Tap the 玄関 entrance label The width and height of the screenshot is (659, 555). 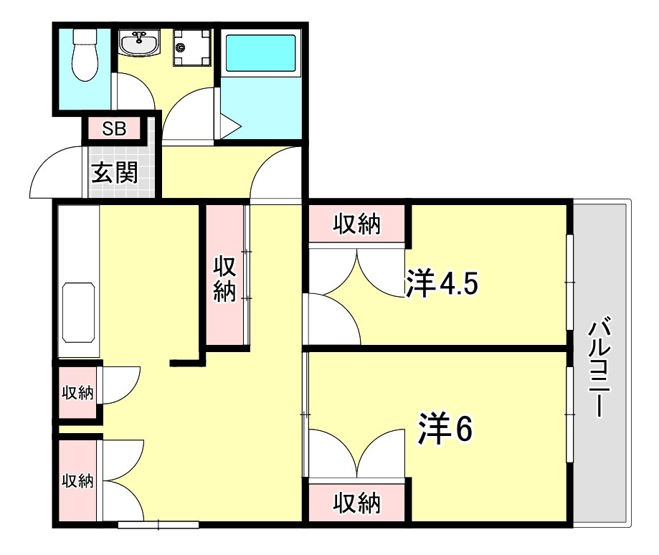click(115, 173)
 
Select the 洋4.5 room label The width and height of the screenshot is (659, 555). click(441, 283)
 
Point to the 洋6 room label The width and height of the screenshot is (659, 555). click(445, 428)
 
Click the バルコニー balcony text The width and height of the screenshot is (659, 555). click(599, 369)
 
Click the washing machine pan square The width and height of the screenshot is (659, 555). click(192, 49)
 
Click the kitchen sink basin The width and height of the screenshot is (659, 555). click(79, 313)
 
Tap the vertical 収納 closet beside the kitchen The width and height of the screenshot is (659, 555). click(225, 277)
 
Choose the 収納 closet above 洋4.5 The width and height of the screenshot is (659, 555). click(356, 225)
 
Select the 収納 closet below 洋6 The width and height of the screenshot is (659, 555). click(356, 503)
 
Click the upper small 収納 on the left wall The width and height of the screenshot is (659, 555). click(77, 392)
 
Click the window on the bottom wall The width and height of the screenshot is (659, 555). click(158, 525)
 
